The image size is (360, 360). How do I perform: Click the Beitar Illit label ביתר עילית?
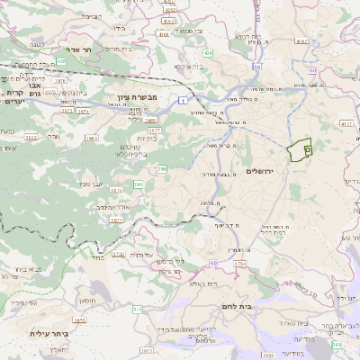click(49, 334)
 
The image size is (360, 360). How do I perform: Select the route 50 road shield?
click(257, 67)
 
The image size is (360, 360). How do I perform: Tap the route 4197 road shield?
click(301, 41)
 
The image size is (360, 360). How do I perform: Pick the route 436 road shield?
click(208, 54)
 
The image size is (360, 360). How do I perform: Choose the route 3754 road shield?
click(238, 263)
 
